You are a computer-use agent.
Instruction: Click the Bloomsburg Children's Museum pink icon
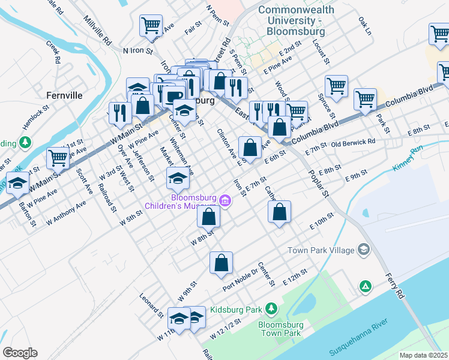225,200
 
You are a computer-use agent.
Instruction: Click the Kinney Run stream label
410,158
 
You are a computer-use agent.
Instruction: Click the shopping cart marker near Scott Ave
58,158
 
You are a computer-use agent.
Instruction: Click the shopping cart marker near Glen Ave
151,25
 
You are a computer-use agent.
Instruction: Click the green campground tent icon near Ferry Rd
364,287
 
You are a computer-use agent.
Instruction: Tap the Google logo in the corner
20,353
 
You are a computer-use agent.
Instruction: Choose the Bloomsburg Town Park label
279,329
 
